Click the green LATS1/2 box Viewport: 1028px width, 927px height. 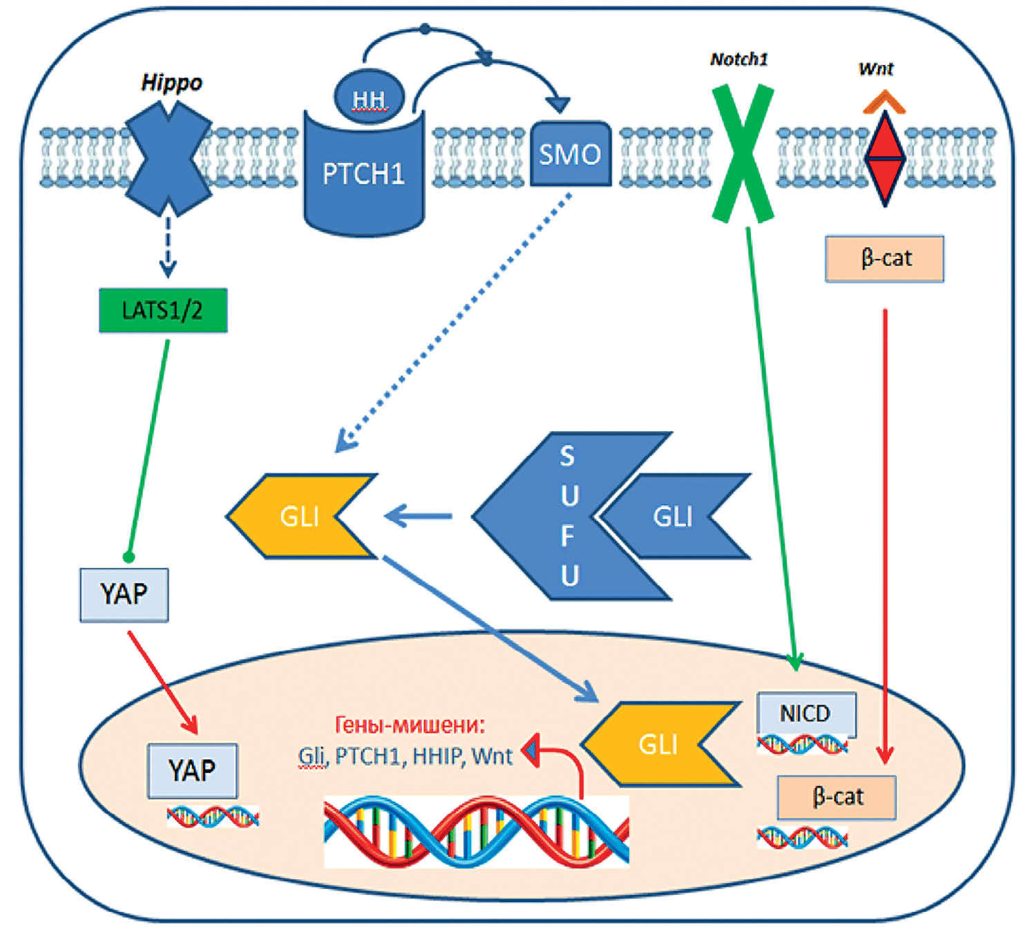coord(163,310)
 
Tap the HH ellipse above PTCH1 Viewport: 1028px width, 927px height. coord(369,99)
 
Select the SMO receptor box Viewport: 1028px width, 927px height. coord(570,154)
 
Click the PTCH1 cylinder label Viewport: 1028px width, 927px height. coord(363,174)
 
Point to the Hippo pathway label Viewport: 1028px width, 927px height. coord(171,83)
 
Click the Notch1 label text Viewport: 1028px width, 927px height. coord(739,59)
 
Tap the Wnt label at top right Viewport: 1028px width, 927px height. coord(875,69)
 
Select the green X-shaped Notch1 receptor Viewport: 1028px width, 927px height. coord(743,153)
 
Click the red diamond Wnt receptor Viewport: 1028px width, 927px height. coord(885,158)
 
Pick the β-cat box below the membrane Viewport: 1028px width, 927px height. coord(884,258)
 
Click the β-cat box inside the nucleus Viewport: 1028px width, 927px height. coord(837,797)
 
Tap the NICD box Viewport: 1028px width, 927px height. coord(806,714)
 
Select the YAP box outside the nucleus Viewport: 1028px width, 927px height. coord(124,594)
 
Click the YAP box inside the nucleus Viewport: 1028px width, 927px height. coord(193,770)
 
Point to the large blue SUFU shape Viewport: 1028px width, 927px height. coord(553,515)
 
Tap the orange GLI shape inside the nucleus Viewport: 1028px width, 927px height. coord(656,744)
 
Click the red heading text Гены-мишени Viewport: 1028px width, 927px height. coord(410,725)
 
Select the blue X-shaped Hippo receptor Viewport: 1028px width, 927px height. coord(168,158)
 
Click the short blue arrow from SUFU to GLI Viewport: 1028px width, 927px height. coord(419,516)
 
